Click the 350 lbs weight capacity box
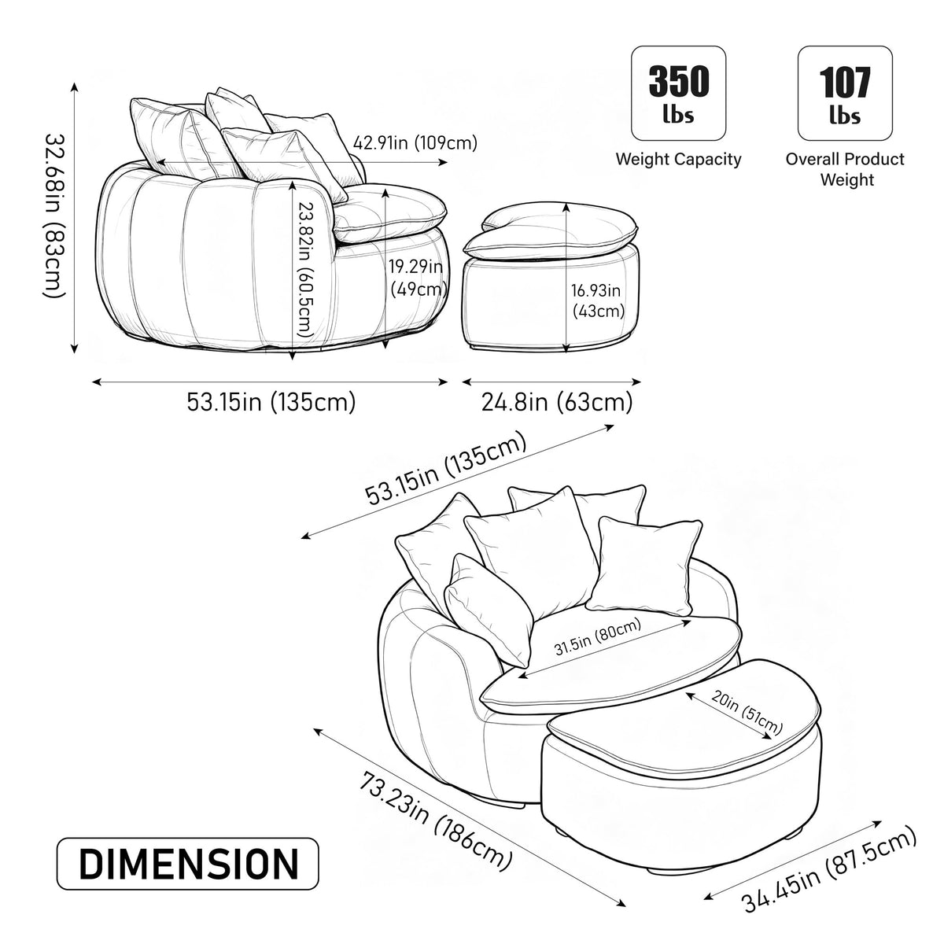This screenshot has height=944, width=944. click(x=678, y=94)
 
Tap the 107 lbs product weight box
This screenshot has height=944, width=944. click(x=845, y=94)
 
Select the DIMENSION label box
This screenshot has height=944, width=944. click(x=188, y=863)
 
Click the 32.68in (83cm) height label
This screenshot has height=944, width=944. click(x=55, y=216)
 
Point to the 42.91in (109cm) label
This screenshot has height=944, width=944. click(x=415, y=143)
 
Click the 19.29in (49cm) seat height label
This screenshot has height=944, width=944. click(x=417, y=277)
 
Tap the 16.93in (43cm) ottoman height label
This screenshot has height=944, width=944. click(x=597, y=301)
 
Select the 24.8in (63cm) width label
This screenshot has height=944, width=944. click(x=557, y=403)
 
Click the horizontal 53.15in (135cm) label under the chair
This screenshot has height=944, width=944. click(x=271, y=403)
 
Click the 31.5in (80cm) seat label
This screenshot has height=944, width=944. click(x=598, y=636)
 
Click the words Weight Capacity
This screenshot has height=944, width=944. click(x=678, y=159)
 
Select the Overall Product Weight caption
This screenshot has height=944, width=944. click(x=845, y=169)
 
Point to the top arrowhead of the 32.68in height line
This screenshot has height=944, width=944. click(x=75, y=87)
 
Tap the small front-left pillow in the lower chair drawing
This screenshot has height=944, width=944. click(x=488, y=610)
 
